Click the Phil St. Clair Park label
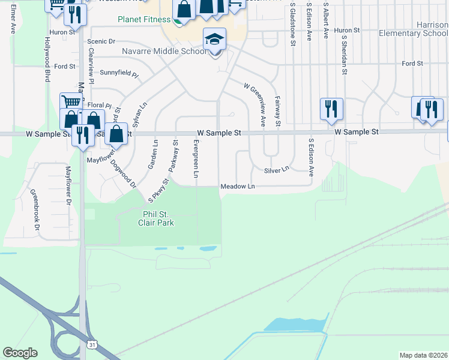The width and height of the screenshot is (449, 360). [158, 218]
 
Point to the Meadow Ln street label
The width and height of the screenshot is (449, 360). [238, 187]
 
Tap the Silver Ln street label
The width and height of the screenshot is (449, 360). [277, 170]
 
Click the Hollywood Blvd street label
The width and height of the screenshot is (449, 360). [47, 59]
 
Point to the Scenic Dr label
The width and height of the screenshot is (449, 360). [101, 41]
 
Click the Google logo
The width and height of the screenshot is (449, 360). [20, 353]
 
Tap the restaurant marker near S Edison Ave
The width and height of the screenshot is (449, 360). [331, 109]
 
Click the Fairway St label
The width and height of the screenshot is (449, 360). [277, 112]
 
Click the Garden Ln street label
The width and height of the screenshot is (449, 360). [154, 155]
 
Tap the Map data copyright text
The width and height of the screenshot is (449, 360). [423, 355]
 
